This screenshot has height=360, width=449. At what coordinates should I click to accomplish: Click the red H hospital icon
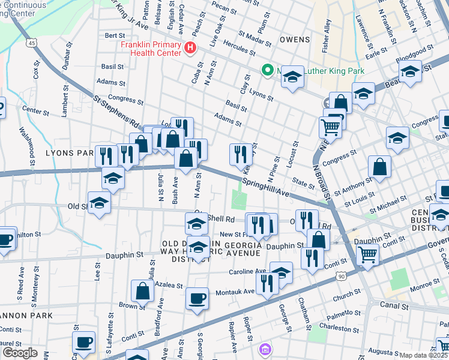click(191, 47)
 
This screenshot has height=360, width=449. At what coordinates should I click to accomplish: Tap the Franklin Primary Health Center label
click(151, 49)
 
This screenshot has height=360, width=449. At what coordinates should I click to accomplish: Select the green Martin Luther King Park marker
click(267, 70)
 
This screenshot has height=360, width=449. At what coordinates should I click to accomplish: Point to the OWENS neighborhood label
click(295, 40)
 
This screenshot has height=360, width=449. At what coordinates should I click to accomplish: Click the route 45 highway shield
click(32, 43)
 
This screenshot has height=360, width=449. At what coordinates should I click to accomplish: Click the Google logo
click(20, 353)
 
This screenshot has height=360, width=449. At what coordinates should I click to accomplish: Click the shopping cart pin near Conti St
click(367, 254)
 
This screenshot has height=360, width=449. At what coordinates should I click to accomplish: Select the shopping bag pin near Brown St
click(143, 291)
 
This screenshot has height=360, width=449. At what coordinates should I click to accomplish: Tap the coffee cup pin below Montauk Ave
click(197, 298)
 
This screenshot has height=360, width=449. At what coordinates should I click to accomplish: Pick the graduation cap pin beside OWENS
click(292, 77)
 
